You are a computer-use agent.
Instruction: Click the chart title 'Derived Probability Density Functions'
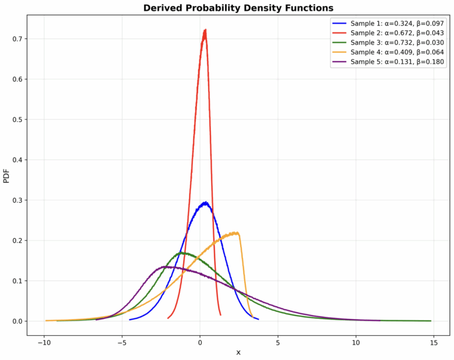click(238, 8)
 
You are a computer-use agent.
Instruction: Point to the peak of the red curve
click(205, 30)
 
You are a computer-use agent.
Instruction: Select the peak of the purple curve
click(167, 267)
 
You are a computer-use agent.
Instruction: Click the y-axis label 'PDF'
click(7, 176)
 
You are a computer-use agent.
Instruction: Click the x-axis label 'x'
click(238, 352)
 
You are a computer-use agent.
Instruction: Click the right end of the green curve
click(430, 321)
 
